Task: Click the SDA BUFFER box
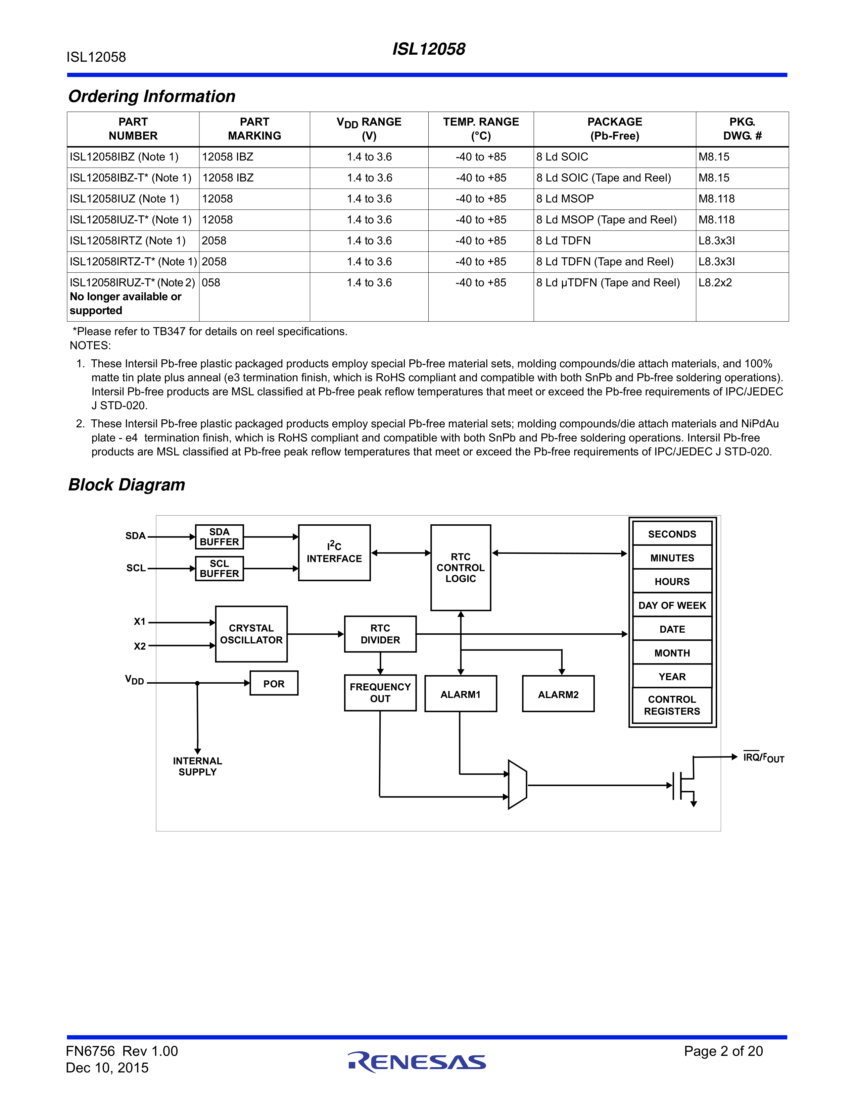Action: click(x=219, y=537)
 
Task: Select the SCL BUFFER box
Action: click(x=219, y=568)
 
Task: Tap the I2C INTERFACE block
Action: click(x=334, y=552)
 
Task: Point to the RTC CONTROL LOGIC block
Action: click(x=461, y=568)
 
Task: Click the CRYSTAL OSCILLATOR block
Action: click(x=251, y=634)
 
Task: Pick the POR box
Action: click(x=274, y=683)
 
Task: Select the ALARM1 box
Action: click(x=461, y=694)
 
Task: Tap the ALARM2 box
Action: click(x=558, y=694)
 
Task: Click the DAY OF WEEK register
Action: click(x=672, y=605)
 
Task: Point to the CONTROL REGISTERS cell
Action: click(x=672, y=705)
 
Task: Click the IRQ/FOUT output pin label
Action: click(x=763, y=758)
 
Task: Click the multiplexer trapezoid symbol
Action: click(x=518, y=785)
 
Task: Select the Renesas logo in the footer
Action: click(x=417, y=1062)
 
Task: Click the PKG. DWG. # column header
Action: click(x=742, y=129)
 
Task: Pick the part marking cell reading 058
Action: click(x=211, y=283)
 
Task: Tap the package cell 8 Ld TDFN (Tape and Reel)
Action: click(x=605, y=262)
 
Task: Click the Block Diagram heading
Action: click(x=127, y=485)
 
